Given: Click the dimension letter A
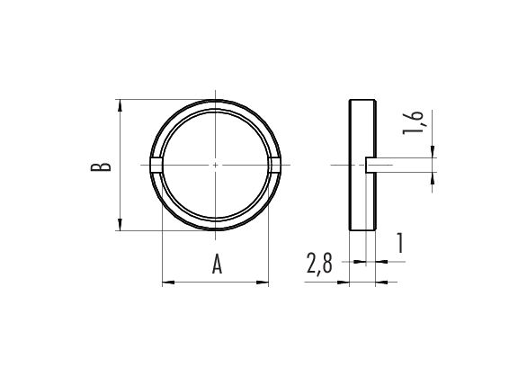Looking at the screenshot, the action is coord(217,264).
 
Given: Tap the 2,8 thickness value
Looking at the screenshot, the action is coord(319,264).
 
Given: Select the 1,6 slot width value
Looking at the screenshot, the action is coord(414,122).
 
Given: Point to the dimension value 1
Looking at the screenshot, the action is coord(399,243).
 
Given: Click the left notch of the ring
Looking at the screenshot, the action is coord(156,165).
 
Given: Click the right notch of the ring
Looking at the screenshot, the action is coord(274,165).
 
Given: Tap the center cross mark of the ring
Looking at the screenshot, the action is coord(216,165).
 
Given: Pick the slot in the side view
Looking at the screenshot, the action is coord(371,165).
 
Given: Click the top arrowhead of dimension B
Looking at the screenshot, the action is coord(121,105).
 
